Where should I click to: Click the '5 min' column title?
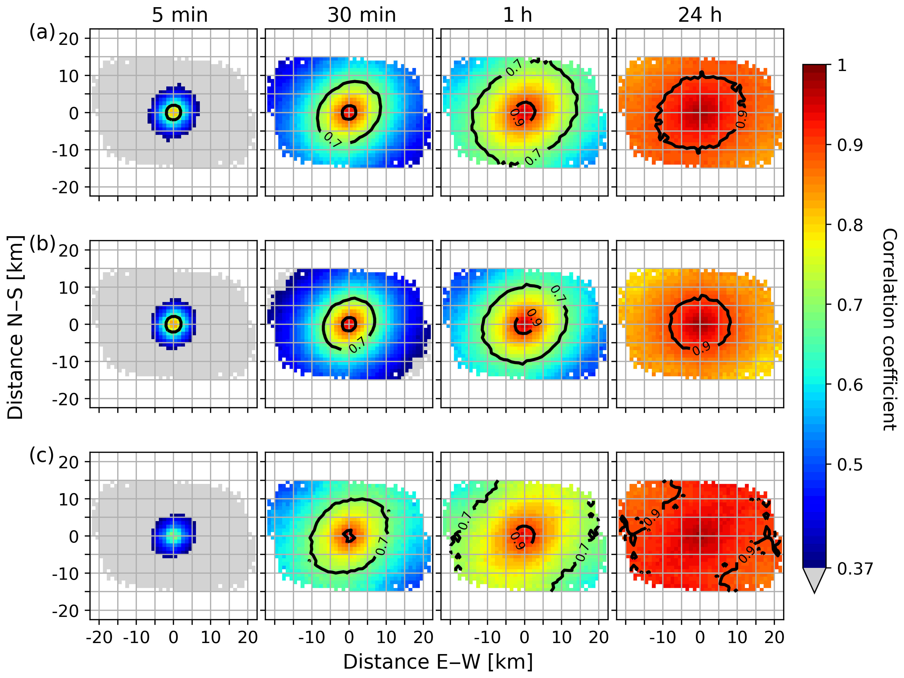[180, 15]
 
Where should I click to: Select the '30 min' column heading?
[362, 15]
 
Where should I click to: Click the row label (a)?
[42, 32]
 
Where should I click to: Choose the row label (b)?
[42, 244]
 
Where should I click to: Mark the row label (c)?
[41, 456]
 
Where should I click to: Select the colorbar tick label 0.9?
[850, 145]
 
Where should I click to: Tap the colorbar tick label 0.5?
[850, 465]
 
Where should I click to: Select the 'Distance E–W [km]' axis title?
[438, 662]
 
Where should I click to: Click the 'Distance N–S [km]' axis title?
[15, 327]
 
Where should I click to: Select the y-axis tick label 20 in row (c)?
[69, 462]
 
